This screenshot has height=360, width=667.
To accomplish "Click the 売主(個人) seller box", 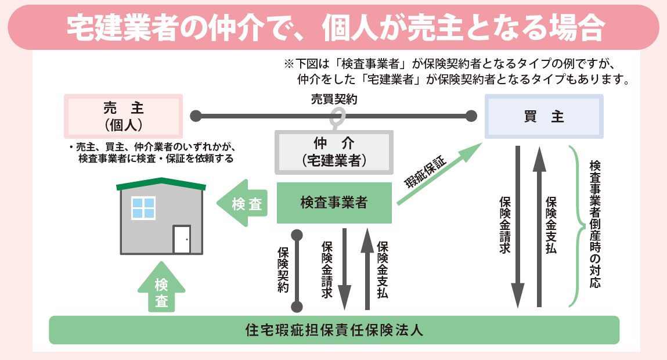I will [x=123, y=116].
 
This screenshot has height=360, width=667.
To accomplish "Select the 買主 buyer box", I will [x=544, y=117].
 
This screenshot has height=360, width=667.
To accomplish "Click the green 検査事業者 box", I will [x=334, y=203].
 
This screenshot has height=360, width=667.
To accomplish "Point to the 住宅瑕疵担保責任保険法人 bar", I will [x=334, y=330].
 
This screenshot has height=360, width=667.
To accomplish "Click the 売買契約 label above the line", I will [x=334, y=99].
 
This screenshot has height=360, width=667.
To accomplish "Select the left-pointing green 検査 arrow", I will [x=243, y=204].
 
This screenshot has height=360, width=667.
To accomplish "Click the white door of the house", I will [x=182, y=239].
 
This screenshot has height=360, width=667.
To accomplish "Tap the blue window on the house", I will [x=143, y=208].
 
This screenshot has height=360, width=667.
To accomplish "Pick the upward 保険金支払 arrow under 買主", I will [x=539, y=226].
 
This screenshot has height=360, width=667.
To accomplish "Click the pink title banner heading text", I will [x=333, y=27].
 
